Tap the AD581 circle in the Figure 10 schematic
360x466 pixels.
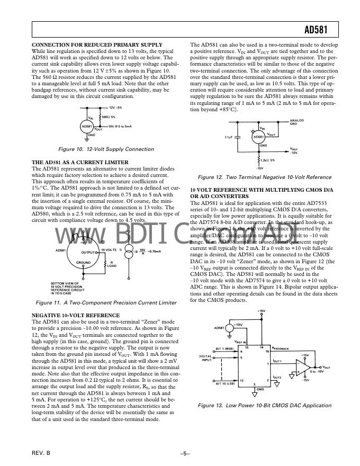pos(87,127)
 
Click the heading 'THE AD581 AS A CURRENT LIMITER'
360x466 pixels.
pos(80,162)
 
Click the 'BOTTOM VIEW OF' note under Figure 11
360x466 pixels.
pos(65,283)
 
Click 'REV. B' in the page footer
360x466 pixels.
pos(41,454)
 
